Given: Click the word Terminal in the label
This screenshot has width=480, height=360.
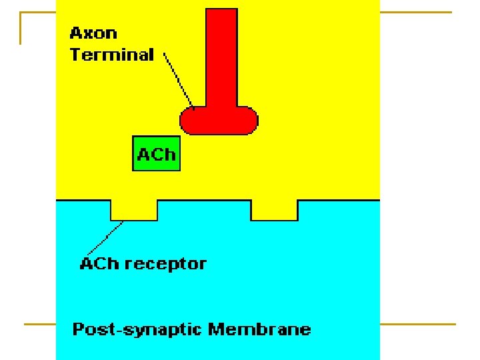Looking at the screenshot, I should tap(111, 55).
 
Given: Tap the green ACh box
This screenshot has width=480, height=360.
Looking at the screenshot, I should tap(157, 154).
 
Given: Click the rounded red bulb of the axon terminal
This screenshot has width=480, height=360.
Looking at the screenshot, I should tap(219, 120).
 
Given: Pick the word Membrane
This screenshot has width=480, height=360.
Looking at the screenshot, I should tap(259, 329).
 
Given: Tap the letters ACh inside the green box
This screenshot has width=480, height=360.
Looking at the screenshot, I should tap(157, 155).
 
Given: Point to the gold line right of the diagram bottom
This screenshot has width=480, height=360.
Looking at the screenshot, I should tap(417, 325).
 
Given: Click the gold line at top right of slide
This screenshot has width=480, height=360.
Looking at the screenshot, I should tap(416, 12).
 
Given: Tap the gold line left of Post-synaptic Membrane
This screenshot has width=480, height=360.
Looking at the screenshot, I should tap(40, 325).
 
